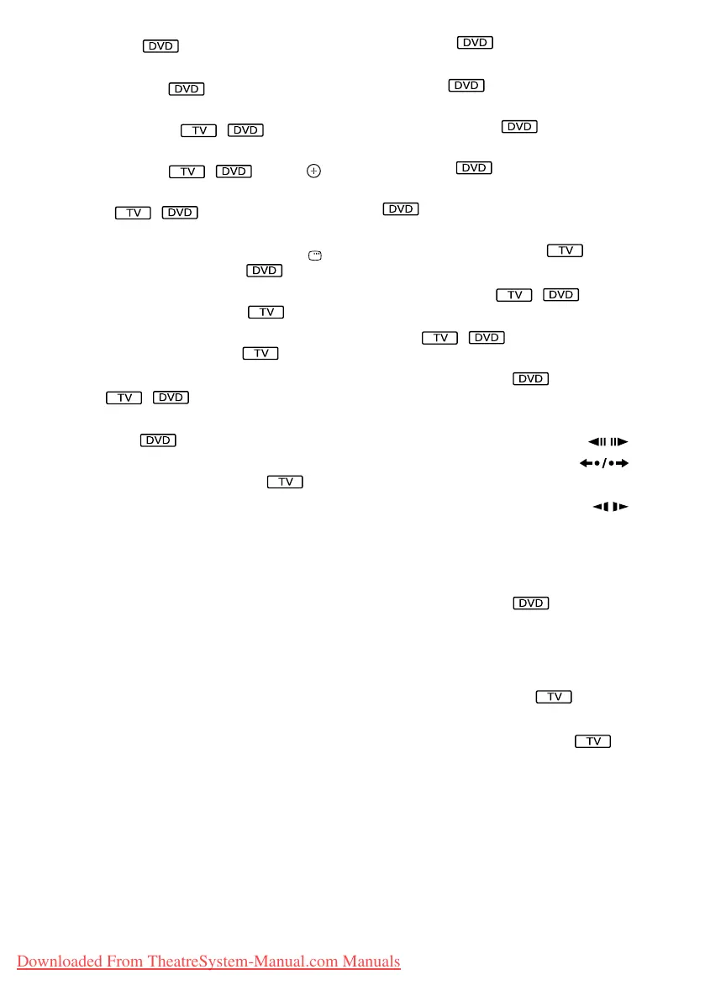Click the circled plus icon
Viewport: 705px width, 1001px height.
tap(313, 171)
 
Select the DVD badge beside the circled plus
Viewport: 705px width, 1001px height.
tap(234, 171)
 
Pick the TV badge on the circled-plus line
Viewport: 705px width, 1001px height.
tap(187, 171)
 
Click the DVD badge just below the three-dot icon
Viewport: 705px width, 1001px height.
tap(264, 271)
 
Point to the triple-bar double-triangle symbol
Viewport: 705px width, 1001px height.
tap(608, 441)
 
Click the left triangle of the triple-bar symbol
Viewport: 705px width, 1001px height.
tap(592, 441)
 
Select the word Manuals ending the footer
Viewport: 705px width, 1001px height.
tap(371, 961)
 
